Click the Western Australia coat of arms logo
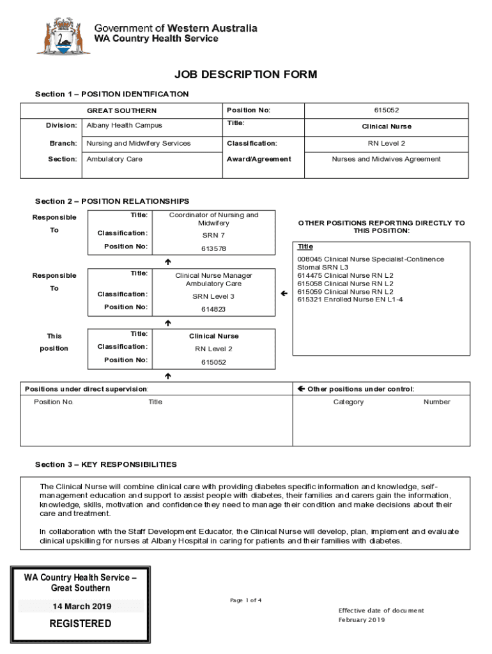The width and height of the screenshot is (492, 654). [x=63, y=35]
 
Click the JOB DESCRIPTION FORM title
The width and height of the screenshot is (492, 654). [x=245, y=75]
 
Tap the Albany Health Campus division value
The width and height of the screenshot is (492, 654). [x=125, y=125]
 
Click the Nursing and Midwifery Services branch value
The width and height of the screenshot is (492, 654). [x=139, y=143]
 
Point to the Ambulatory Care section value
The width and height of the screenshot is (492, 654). [x=114, y=159]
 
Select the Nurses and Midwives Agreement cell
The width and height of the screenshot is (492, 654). [x=386, y=159]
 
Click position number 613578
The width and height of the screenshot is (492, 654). [x=213, y=248]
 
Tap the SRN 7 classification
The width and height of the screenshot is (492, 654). [x=213, y=235]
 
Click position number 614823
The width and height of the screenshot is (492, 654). [x=213, y=309]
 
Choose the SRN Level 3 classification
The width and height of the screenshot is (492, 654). [x=213, y=296]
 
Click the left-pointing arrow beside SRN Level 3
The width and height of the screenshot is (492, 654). [x=284, y=293]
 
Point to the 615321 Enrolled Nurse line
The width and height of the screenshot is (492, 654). [x=350, y=300]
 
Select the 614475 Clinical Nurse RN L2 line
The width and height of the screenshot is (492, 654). [x=345, y=275]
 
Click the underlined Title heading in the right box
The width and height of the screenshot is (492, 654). [x=305, y=247]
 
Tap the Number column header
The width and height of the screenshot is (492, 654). [x=436, y=402]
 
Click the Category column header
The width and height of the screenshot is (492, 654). [x=348, y=402]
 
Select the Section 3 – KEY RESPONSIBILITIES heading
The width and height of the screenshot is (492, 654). [x=106, y=464]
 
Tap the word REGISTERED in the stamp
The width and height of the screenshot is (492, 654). [x=81, y=623]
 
